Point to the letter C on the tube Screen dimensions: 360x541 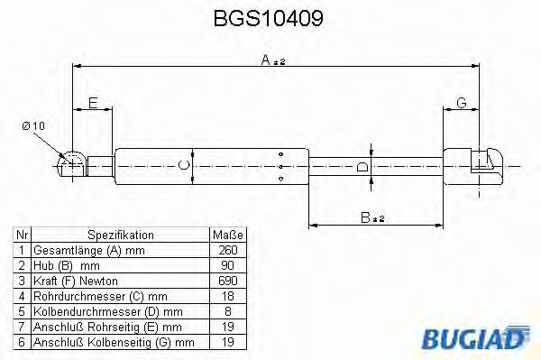click(x=184, y=164)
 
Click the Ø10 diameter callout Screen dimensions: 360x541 click(x=32, y=125)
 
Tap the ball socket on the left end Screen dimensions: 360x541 click(x=71, y=163)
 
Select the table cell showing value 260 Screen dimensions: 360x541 click(x=227, y=249)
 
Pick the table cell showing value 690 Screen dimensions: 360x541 click(x=227, y=280)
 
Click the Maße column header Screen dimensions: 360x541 click(x=227, y=234)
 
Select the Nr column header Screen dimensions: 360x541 click(x=20, y=234)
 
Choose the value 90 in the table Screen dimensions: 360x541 click(x=227, y=264)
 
